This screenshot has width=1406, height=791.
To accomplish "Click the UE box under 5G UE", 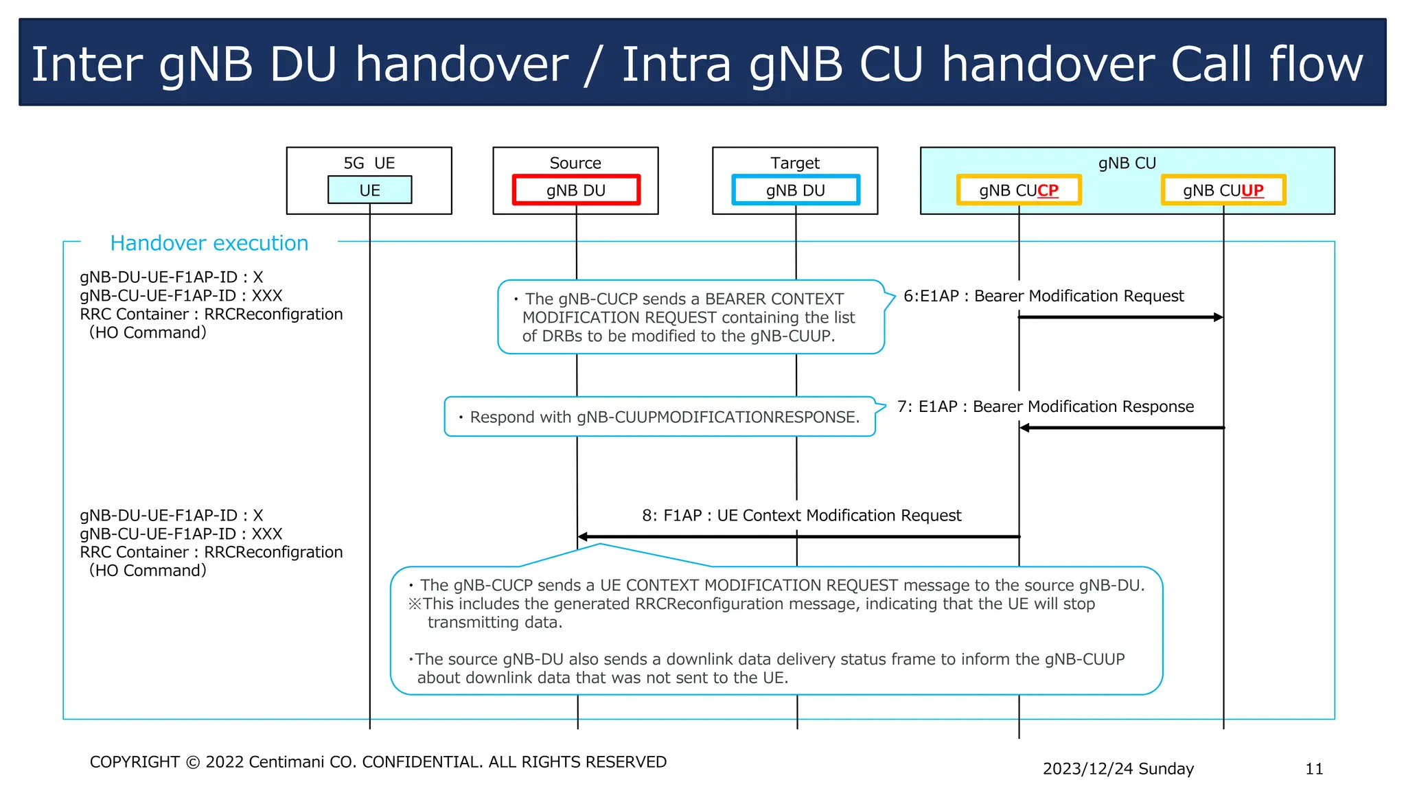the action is (x=369, y=190).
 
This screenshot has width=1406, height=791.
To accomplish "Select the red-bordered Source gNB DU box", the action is (x=576, y=190).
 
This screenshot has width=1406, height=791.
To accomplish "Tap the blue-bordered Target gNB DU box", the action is (x=796, y=190).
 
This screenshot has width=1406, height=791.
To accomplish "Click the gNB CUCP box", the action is (x=1019, y=190).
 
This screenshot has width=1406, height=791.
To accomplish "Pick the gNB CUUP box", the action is (x=1223, y=190).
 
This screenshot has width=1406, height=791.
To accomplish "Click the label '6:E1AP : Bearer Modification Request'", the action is (x=1044, y=296).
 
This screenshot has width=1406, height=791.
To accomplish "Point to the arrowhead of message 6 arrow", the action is (x=1219, y=317).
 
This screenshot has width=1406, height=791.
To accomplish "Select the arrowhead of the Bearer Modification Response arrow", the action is (x=1024, y=428).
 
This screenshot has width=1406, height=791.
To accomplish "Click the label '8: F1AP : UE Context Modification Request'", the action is (x=801, y=516).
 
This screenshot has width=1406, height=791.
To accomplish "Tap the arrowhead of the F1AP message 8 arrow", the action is (x=583, y=536).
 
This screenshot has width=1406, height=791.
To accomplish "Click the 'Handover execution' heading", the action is (x=209, y=243).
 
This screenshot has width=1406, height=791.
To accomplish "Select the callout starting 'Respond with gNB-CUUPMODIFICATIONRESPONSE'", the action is (x=660, y=417).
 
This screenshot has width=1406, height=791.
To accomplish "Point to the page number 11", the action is (x=1314, y=769).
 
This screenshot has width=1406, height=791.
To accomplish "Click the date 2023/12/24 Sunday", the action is (x=1118, y=769).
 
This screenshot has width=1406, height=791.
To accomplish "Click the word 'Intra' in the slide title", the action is (x=676, y=64).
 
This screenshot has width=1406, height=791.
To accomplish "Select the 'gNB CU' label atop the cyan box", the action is (x=1127, y=163).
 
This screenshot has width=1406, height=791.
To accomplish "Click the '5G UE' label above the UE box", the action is (x=369, y=163).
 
